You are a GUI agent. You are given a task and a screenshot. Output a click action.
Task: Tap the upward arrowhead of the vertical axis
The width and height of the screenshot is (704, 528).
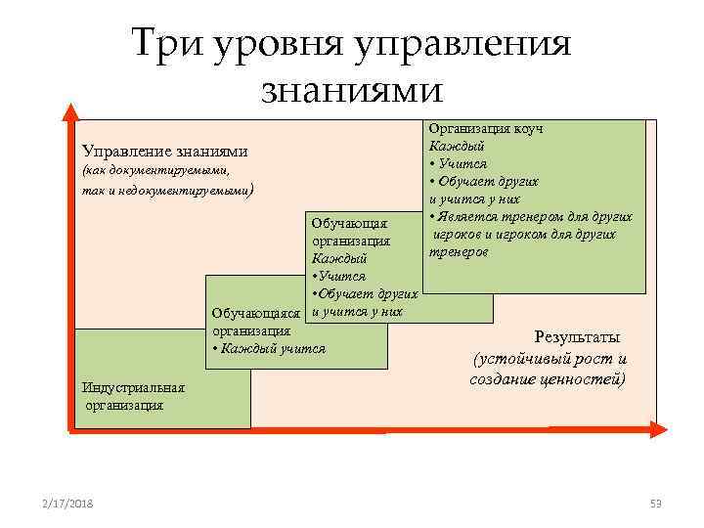[x=69, y=110]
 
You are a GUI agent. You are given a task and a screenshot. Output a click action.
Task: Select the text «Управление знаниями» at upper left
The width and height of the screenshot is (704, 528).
[x=164, y=152]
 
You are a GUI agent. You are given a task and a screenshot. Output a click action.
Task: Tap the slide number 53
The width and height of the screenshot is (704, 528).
[x=655, y=503]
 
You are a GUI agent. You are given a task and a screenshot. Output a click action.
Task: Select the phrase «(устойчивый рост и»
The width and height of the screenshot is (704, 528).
[x=549, y=358]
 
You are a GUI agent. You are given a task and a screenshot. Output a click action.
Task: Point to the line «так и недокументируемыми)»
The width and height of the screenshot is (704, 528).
[x=167, y=191]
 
